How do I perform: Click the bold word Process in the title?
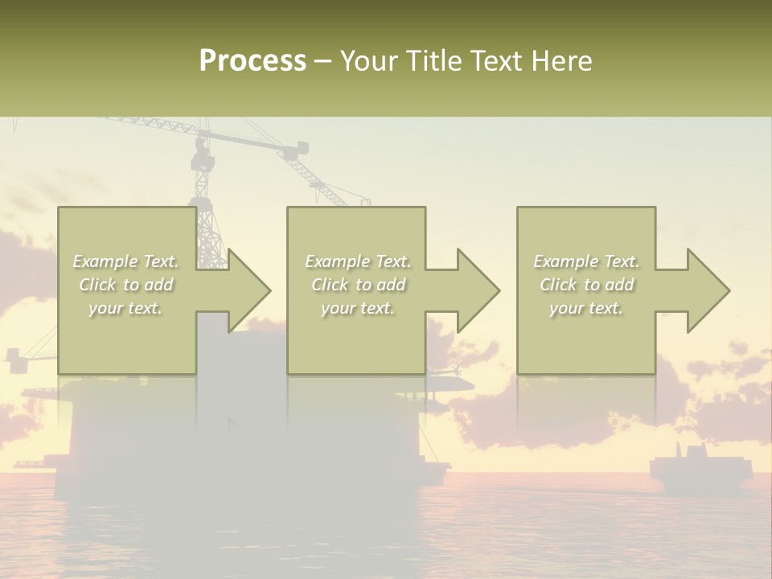[253, 61]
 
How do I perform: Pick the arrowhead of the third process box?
[708, 290]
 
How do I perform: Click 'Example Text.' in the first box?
[126, 261]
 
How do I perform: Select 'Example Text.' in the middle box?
[358, 261]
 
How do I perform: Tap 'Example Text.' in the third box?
[586, 261]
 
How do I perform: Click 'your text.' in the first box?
[126, 308]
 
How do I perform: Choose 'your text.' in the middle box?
[358, 308]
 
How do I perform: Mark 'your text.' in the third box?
[586, 308]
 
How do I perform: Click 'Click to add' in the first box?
[126, 285]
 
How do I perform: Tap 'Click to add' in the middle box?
[358, 285]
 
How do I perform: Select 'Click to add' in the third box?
[586, 285]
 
